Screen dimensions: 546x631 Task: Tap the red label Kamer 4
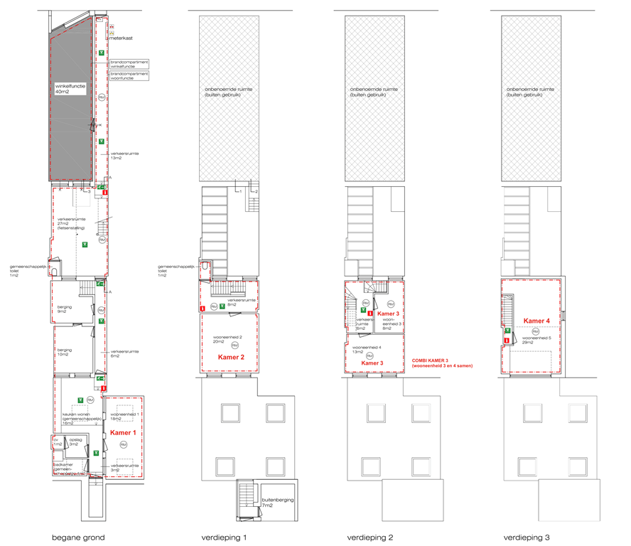pos(536,321)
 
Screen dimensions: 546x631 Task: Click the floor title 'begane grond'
pos(78,537)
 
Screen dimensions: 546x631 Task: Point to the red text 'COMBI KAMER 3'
pos(431,360)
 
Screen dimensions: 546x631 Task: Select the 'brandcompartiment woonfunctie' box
pos(129,75)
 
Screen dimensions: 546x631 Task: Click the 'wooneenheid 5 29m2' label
pos(534,340)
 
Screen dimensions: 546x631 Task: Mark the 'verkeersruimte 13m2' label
pos(124,156)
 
